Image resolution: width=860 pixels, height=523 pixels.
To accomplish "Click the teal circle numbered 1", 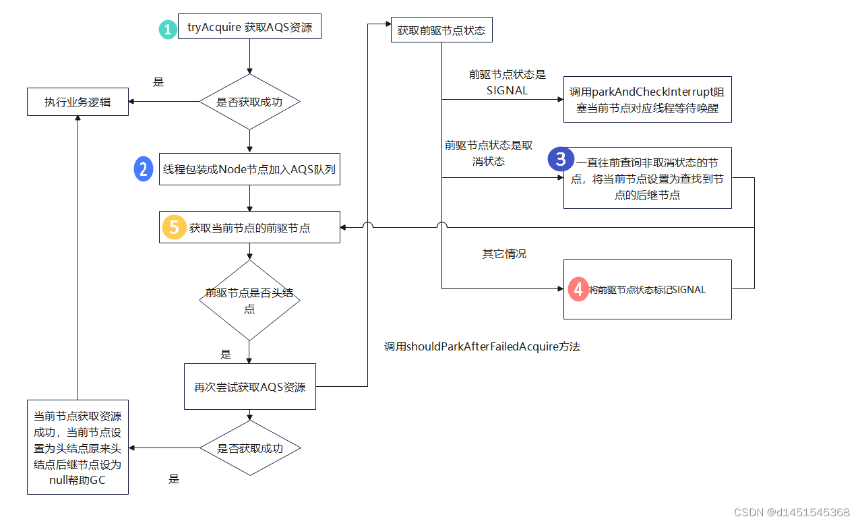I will pyautogui.click(x=167, y=30).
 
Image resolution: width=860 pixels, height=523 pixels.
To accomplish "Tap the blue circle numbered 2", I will pyautogui.click(x=144, y=168).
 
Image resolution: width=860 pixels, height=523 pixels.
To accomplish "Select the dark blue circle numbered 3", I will pyautogui.click(x=560, y=159).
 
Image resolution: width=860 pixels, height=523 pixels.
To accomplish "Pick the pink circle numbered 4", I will pyautogui.click(x=578, y=289).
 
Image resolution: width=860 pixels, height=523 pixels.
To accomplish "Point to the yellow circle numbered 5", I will pyautogui.click(x=174, y=228).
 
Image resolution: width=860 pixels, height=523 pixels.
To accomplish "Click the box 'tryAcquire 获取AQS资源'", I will pyautogui.click(x=249, y=28).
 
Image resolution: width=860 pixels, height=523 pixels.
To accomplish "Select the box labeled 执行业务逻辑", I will pyautogui.click(x=78, y=102).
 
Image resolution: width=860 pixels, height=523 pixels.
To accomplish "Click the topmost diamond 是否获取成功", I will pyautogui.click(x=249, y=102).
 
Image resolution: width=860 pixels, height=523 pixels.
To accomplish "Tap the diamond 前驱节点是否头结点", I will pyautogui.click(x=249, y=301).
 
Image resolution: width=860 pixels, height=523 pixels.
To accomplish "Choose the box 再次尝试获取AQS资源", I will pyautogui.click(x=249, y=387).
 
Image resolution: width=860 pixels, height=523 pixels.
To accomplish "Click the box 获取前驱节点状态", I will pyautogui.click(x=441, y=30).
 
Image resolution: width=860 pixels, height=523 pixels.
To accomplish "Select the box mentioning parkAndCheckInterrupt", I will pyautogui.click(x=647, y=99).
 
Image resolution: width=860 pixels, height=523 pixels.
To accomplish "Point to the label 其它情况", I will pyautogui.click(x=504, y=254).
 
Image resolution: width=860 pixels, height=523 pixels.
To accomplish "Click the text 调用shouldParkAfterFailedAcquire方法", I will pyautogui.click(x=482, y=347).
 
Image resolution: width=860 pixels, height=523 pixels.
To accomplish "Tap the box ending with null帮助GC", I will pyautogui.click(x=78, y=448).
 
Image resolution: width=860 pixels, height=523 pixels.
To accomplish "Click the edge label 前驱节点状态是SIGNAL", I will pyautogui.click(x=507, y=82).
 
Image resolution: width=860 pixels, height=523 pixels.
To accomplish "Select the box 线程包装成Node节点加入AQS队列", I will pyautogui.click(x=249, y=169).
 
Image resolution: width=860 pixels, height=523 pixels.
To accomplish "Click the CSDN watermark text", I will pyautogui.click(x=791, y=512).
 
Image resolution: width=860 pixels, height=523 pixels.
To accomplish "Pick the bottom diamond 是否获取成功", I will pyautogui.click(x=249, y=448).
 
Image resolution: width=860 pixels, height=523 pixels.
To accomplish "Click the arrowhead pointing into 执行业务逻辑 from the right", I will pyautogui.click(x=132, y=102).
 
